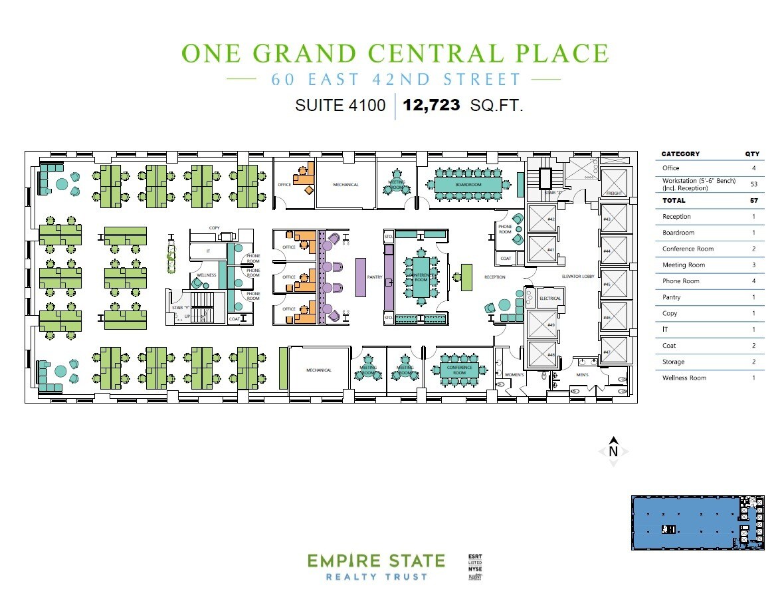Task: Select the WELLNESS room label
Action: click(206, 275)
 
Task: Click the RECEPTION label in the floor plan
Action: click(495, 277)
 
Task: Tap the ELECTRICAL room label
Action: click(550, 298)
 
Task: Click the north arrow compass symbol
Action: click(614, 450)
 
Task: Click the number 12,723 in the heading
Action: click(431, 104)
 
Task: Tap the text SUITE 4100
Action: click(340, 105)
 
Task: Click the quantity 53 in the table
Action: click(754, 184)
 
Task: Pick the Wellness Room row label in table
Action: click(684, 378)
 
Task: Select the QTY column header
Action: click(752, 154)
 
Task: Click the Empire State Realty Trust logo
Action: click(366, 567)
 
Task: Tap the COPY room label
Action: click(214, 228)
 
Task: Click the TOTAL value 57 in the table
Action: click(754, 200)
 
